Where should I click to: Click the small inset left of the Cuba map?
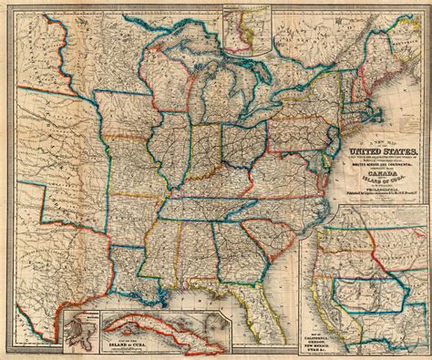point(81,332)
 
